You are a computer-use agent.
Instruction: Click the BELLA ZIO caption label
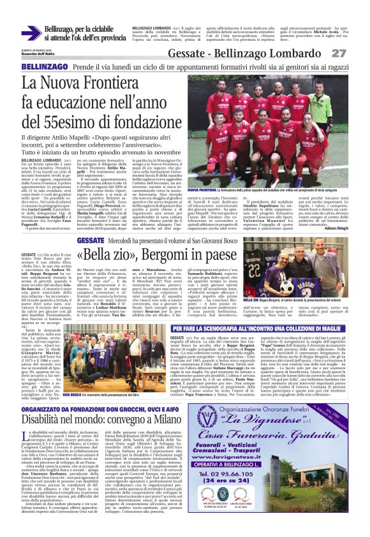pyautogui.click(x=269, y=299)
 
